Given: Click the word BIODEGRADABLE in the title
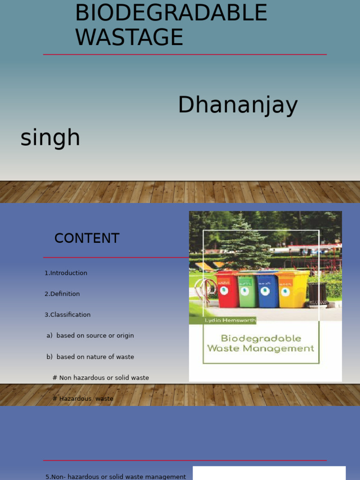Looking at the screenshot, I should pos(171,13).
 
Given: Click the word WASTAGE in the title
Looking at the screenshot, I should pos(129,37).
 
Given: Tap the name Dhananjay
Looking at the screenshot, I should pos(238,105).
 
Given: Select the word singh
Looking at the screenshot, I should pos(50,138).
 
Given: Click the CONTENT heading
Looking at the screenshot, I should pos(87,238).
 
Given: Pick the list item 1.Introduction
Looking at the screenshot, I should pos(66,273).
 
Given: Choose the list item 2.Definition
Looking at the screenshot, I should pos(62,294).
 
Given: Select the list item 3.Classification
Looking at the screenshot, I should pos(67,315).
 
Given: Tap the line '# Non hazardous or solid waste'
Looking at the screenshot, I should pos(101,378).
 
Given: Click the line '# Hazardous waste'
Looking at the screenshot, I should pos(83,398).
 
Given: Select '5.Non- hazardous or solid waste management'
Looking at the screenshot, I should pos(116,477).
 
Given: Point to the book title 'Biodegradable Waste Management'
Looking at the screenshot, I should pos(261,343).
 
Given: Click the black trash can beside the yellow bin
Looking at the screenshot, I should pos(318,294).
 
